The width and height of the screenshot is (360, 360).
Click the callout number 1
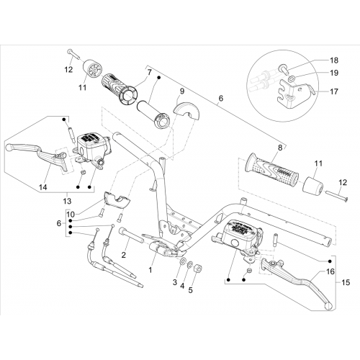150,270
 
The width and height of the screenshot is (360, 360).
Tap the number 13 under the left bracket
67,201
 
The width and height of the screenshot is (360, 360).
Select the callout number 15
346,282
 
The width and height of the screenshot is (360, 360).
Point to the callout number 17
334,91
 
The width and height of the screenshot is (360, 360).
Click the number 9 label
181,91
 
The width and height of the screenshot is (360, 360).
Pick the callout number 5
190,290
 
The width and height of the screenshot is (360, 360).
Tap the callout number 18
334,60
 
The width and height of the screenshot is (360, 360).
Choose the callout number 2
123,255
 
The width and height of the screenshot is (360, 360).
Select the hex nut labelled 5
198,268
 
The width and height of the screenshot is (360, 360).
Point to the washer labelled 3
182,261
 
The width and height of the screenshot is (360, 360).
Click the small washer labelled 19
291,78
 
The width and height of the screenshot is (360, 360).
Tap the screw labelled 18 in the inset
283,68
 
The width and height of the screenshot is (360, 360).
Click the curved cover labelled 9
186,109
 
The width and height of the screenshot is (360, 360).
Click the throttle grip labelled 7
120,89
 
